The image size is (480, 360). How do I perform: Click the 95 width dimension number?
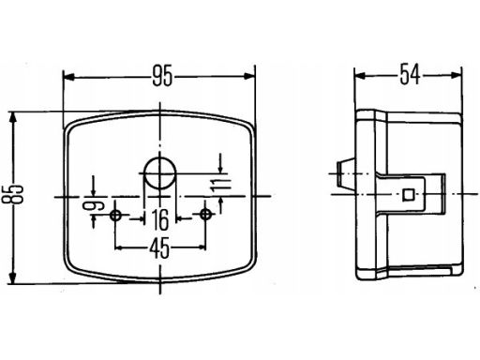click(162, 77)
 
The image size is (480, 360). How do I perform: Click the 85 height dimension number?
click(13, 194)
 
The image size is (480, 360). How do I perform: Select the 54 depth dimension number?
click(410, 74)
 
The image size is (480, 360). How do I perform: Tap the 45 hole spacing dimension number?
click(159, 247)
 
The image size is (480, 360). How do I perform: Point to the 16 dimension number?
click(160, 220)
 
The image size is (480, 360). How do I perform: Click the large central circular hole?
click(160, 172)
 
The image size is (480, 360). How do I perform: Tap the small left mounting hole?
click(115, 215)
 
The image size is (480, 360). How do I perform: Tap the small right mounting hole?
click(205, 215)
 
